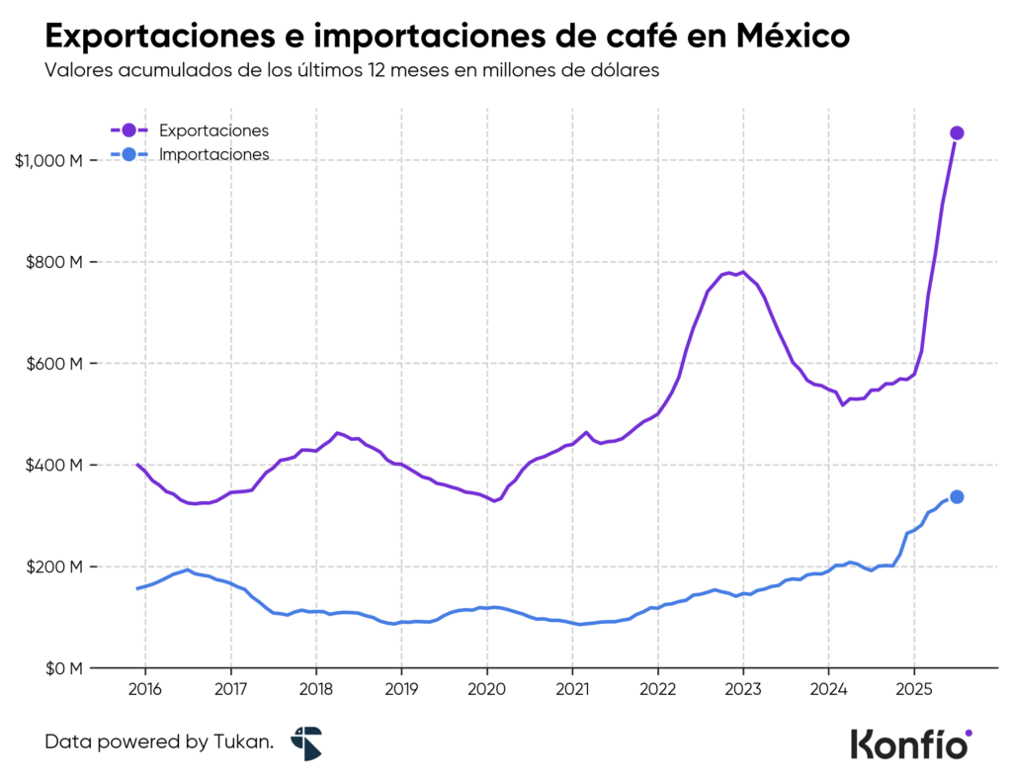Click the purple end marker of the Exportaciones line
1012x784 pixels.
point(957,133)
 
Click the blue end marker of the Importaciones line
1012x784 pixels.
point(957,497)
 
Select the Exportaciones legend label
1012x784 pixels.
point(213,131)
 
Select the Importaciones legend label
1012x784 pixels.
point(213,155)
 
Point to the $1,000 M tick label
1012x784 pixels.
point(48,160)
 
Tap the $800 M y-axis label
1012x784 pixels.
point(54,262)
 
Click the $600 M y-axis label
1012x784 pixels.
point(54,364)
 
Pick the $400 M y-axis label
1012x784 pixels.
point(54,466)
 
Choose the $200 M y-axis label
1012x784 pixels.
point(54,566)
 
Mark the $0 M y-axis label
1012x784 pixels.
point(61,668)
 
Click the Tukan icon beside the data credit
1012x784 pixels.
point(306,742)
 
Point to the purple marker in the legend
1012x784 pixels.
point(128,131)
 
